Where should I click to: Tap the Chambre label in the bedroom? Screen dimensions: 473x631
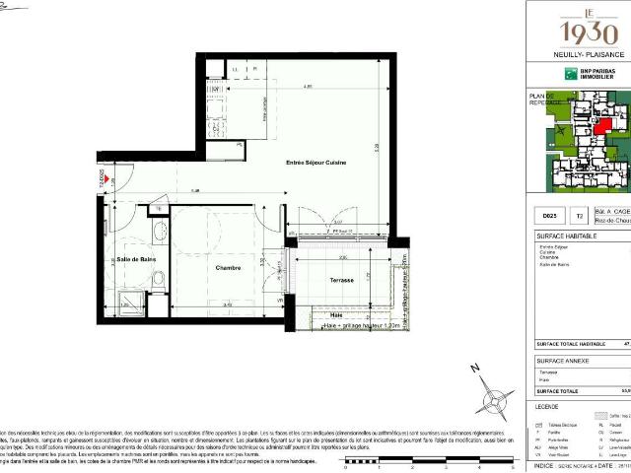click(x=230, y=267)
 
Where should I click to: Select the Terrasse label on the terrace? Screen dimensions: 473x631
click(x=343, y=281)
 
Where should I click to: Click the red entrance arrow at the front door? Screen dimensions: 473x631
click(x=105, y=179)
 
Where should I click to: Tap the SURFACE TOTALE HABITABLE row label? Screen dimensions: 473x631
click(x=570, y=344)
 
